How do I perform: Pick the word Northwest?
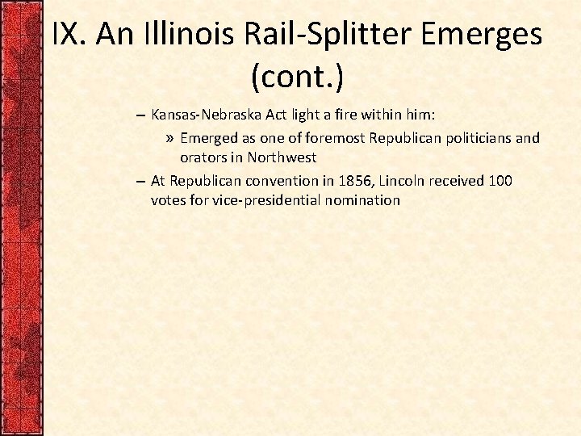coord(282,157)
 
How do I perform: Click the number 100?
coord(499,180)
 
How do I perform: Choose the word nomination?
coord(362,199)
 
